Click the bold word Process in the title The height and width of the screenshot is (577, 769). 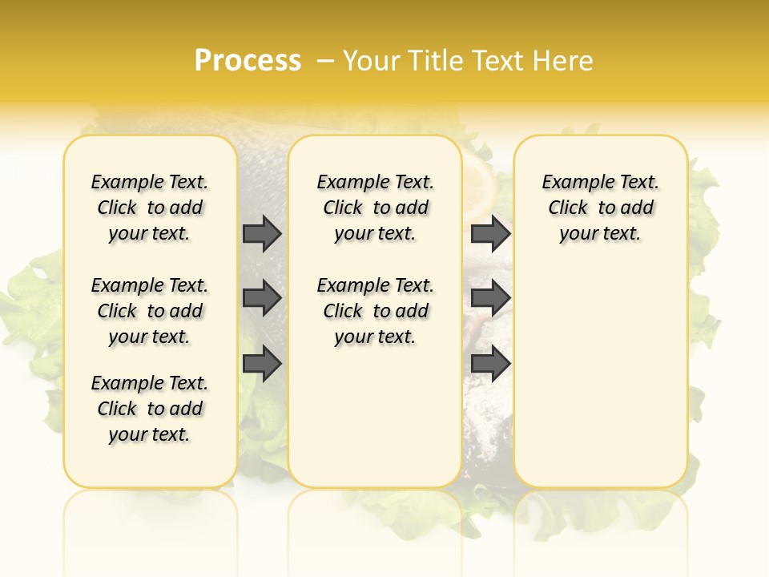[x=248, y=60]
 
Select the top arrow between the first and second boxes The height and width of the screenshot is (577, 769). [x=262, y=233]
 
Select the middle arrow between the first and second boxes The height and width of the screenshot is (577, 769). [x=262, y=298]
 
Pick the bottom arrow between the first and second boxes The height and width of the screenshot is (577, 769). [x=262, y=364]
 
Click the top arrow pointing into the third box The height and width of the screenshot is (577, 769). [x=490, y=233]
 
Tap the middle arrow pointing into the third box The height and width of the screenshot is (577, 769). [x=490, y=298]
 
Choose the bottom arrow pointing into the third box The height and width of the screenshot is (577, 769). [x=490, y=364]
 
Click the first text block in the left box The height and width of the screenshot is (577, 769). [x=150, y=208]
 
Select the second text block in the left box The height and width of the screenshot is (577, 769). [x=150, y=311]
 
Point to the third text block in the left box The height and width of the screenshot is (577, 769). [x=150, y=409]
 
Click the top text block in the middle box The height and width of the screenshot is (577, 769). [x=375, y=208]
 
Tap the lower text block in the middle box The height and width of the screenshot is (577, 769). [x=375, y=311]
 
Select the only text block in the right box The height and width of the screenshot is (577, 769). [x=600, y=208]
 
